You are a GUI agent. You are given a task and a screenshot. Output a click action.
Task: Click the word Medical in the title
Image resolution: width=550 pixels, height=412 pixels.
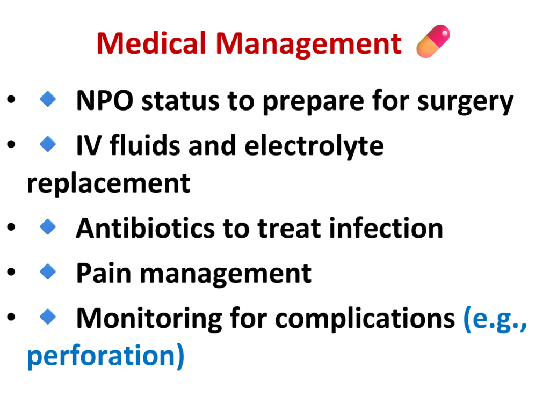tap(151, 43)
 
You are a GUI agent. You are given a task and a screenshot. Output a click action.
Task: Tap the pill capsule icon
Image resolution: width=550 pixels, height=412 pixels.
tap(433, 41)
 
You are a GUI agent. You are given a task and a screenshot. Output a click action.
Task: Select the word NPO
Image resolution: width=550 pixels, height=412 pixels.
tap(105, 101)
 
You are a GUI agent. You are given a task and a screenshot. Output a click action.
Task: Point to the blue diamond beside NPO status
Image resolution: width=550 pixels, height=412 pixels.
tap(48, 99)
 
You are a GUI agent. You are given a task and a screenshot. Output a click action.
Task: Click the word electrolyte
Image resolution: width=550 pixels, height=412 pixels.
tap(314, 146)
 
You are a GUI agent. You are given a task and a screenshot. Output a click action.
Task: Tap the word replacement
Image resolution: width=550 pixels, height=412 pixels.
tap(108, 183)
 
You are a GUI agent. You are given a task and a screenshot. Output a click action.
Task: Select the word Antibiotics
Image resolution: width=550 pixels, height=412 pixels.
tap(145, 229)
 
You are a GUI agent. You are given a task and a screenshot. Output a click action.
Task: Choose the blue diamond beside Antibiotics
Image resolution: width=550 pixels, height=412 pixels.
tap(48, 226)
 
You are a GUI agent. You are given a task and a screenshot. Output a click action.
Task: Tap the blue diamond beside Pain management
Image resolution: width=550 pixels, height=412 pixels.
tap(48, 271)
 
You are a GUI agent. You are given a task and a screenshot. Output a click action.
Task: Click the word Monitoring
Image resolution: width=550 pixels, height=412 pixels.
tap(149, 319)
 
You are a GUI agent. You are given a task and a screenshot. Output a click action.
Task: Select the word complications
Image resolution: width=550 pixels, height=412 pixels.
tap(365, 319)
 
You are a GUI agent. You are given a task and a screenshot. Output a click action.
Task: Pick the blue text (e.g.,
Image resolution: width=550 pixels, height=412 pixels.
tap(495, 319)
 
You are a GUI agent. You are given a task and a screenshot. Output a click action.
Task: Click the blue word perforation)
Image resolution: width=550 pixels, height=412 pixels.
tap(106, 356)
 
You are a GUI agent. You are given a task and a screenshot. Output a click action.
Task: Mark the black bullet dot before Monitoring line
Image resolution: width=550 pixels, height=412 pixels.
tap(11, 317)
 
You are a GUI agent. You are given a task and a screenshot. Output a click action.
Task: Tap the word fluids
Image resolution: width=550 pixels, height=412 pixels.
tap(145, 145)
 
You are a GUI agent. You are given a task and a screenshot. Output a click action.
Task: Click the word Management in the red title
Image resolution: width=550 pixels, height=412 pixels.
tap(309, 44)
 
